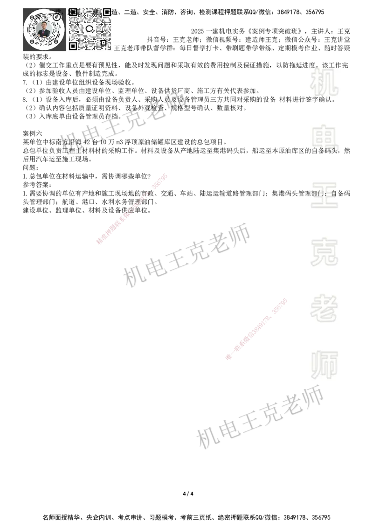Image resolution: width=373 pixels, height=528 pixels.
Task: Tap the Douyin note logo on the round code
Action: point(56,16)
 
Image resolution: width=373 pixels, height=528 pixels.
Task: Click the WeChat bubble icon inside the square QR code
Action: point(90,29)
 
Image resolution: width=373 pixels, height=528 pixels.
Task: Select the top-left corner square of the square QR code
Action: point(73,12)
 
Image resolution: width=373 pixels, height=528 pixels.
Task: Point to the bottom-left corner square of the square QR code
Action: point(73,46)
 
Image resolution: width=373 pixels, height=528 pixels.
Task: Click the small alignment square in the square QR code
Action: point(104,42)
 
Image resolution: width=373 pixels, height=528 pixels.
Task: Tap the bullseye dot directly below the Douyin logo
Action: point(56,41)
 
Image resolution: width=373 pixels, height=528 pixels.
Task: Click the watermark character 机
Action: point(325,82)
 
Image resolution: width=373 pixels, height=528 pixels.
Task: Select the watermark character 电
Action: point(326,138)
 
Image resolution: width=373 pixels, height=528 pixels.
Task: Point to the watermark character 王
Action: point(325,196)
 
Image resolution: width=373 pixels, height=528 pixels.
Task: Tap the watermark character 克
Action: point(325,252)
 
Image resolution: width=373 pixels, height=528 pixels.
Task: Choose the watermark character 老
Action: point(325,308)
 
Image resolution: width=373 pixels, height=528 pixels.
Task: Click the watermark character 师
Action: point(325,365)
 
